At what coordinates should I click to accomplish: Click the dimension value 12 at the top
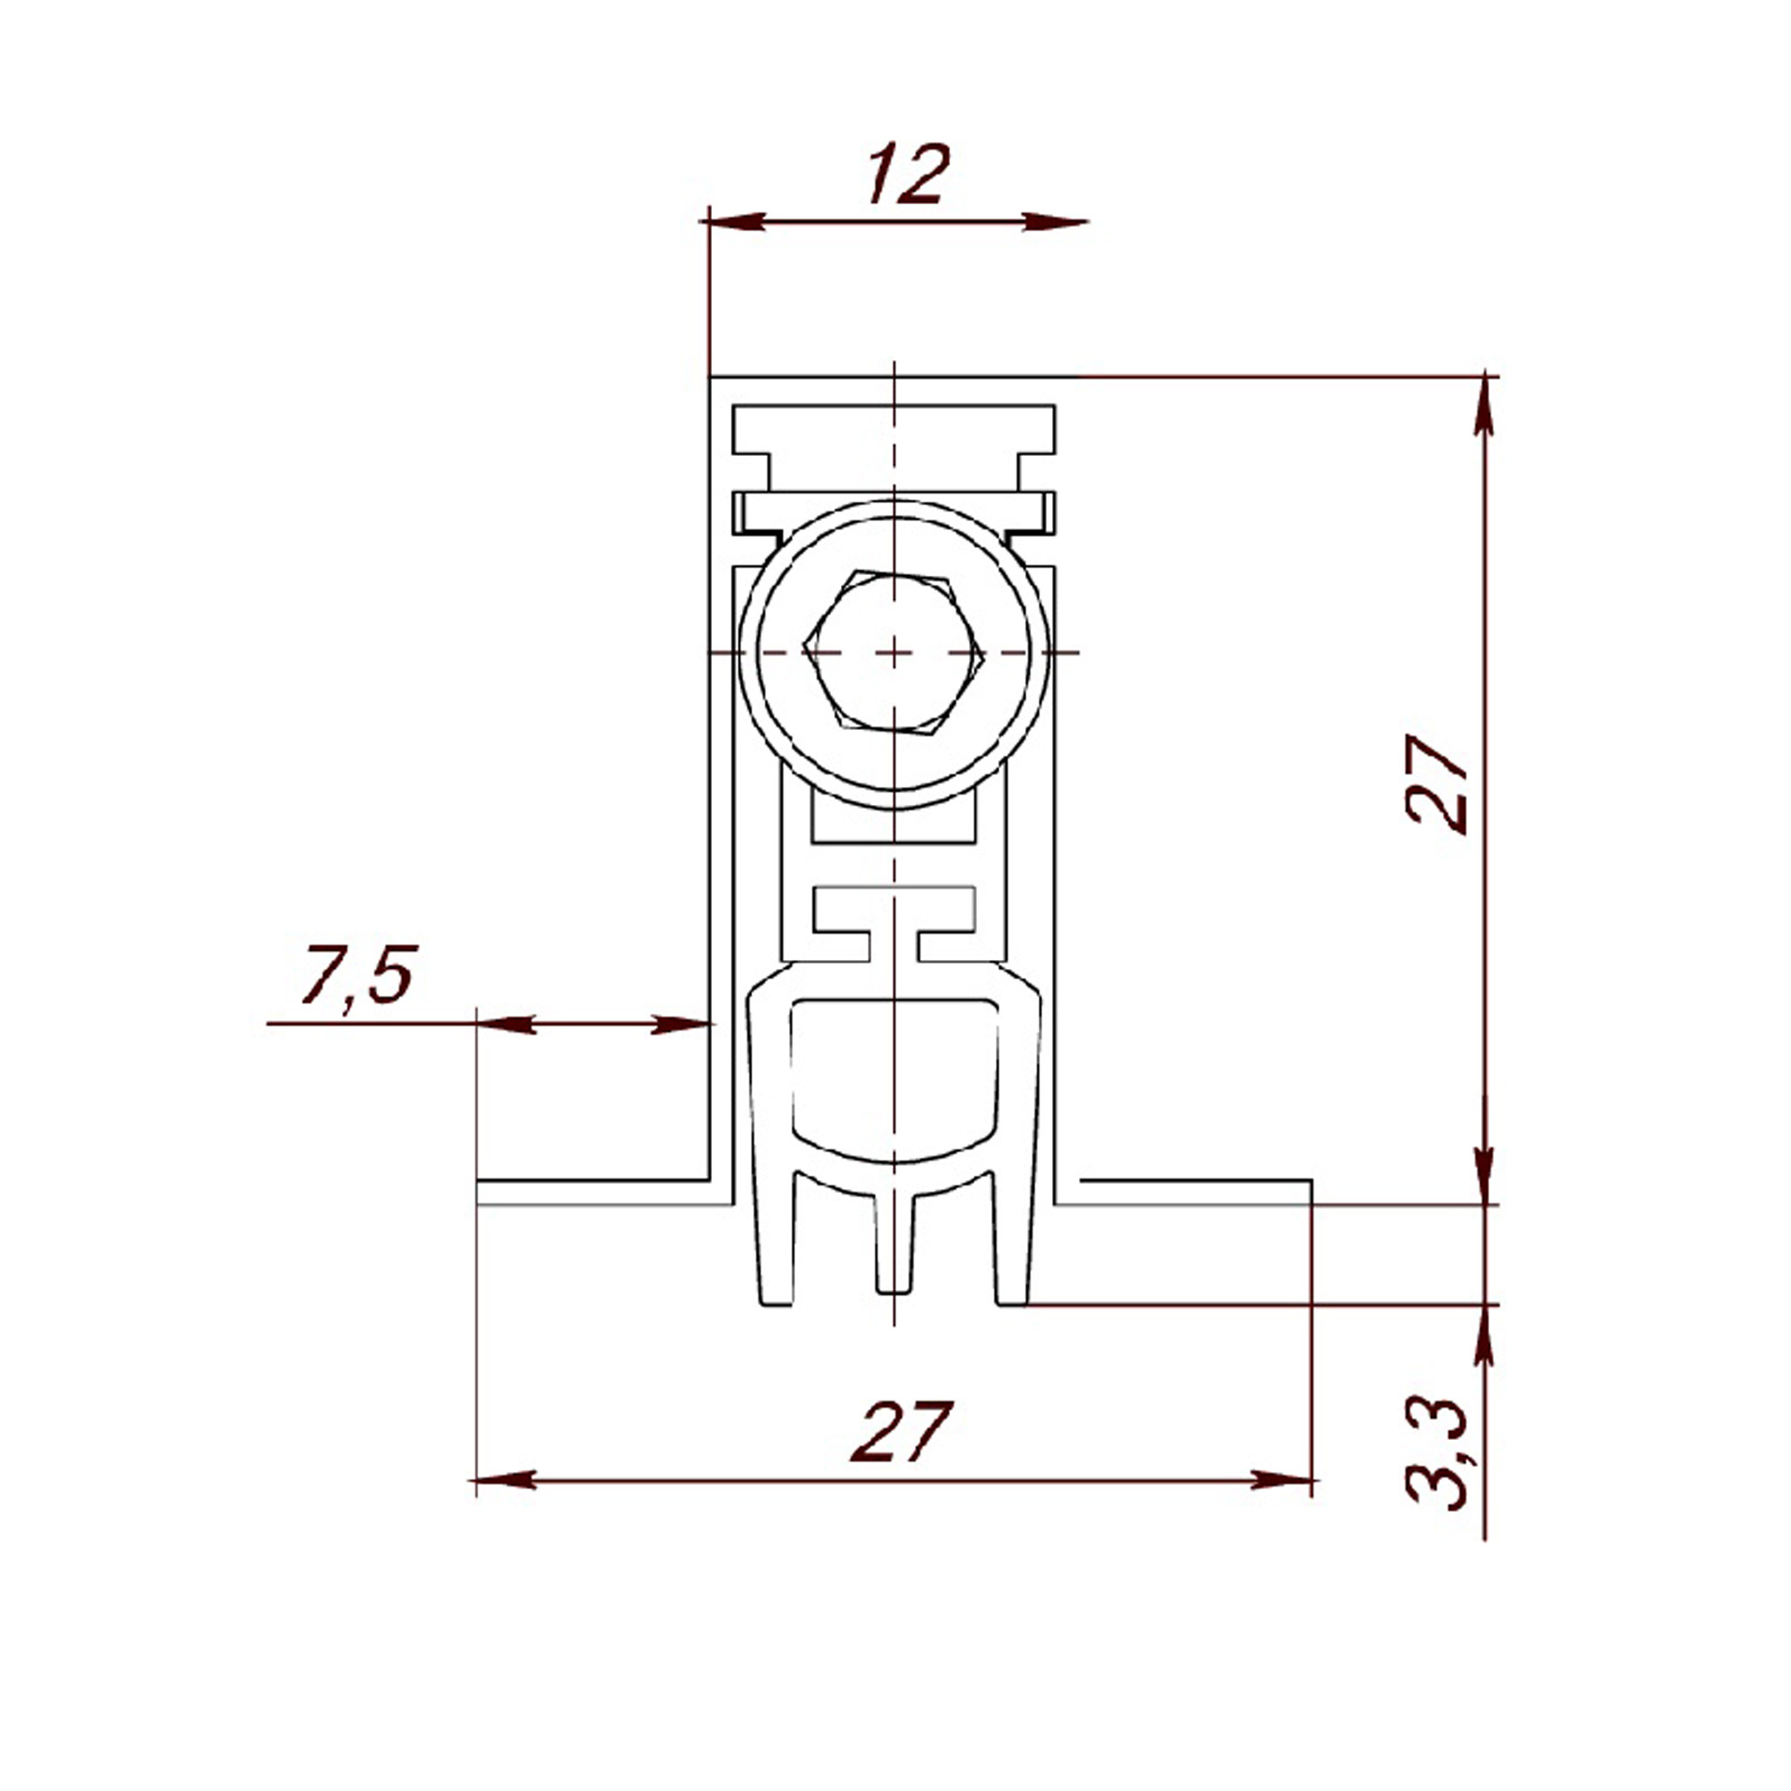(x=908, y=174)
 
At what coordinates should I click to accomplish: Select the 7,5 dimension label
(x=357, y=974)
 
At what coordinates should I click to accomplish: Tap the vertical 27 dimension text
(x=1438, y=785)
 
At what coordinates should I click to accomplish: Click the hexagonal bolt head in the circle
(x=894, y=653)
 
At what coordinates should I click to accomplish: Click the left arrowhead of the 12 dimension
(x=737, y=221)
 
